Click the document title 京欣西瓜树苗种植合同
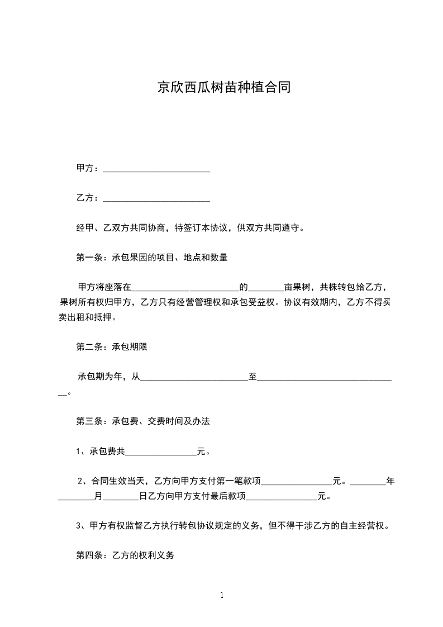223,88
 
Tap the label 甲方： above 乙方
88,168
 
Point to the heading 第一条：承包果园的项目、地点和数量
151,258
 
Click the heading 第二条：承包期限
112,346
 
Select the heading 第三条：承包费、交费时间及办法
142,421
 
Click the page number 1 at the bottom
222,595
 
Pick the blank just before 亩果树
265,288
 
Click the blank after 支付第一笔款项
297,481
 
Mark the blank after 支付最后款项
282,496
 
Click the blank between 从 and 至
194,377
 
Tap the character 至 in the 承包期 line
253,377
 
